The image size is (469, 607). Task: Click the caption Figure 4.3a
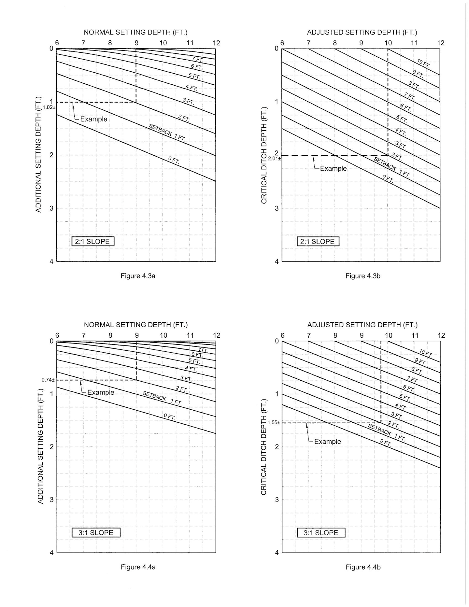[138, 276]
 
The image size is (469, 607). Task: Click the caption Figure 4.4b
[363, 567]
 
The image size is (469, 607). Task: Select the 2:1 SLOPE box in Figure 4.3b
[318, 242]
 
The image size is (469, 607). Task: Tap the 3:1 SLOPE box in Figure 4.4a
[96, 533]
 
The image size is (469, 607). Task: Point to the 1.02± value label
[49, 107]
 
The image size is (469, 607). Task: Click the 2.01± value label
[274, 159]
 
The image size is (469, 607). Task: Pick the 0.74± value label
[48, 380]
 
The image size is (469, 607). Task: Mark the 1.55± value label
[274, 422]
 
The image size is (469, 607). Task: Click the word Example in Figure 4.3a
[93, 119]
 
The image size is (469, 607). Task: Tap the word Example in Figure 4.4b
[327, 442]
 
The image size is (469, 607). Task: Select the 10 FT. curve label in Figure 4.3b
[424, 64]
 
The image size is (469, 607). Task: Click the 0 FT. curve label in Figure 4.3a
[174, 160]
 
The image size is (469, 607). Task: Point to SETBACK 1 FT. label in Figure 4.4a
[162, 398]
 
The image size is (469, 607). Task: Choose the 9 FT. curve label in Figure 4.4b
[420, 361]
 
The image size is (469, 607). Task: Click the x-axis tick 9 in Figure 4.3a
[136, 43]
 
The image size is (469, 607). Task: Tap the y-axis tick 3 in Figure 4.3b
[277, 208]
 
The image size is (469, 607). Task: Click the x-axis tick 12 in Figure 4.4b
[441, 335]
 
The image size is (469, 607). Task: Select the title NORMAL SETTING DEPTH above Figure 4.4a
[136, 325]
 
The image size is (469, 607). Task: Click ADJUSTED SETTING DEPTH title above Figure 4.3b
[362, 32]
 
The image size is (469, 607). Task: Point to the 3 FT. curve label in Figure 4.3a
[188, 101]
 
